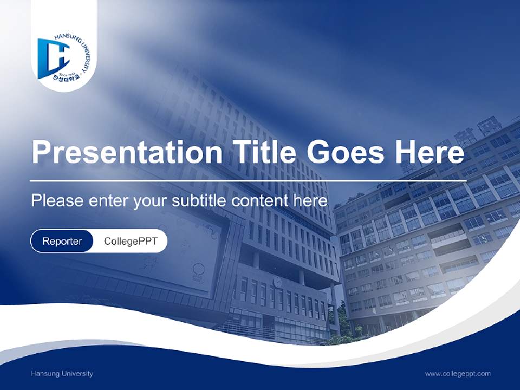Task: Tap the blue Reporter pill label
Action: (x=62, y=241)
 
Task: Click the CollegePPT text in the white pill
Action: (x=131, y=241)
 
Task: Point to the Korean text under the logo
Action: (x=62, y=79)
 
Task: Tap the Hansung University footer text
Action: (x=62, y=373)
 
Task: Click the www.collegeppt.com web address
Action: (x=458, y=373)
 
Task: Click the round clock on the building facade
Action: (x=277, y=282)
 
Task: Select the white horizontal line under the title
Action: (x=248, y=180)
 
